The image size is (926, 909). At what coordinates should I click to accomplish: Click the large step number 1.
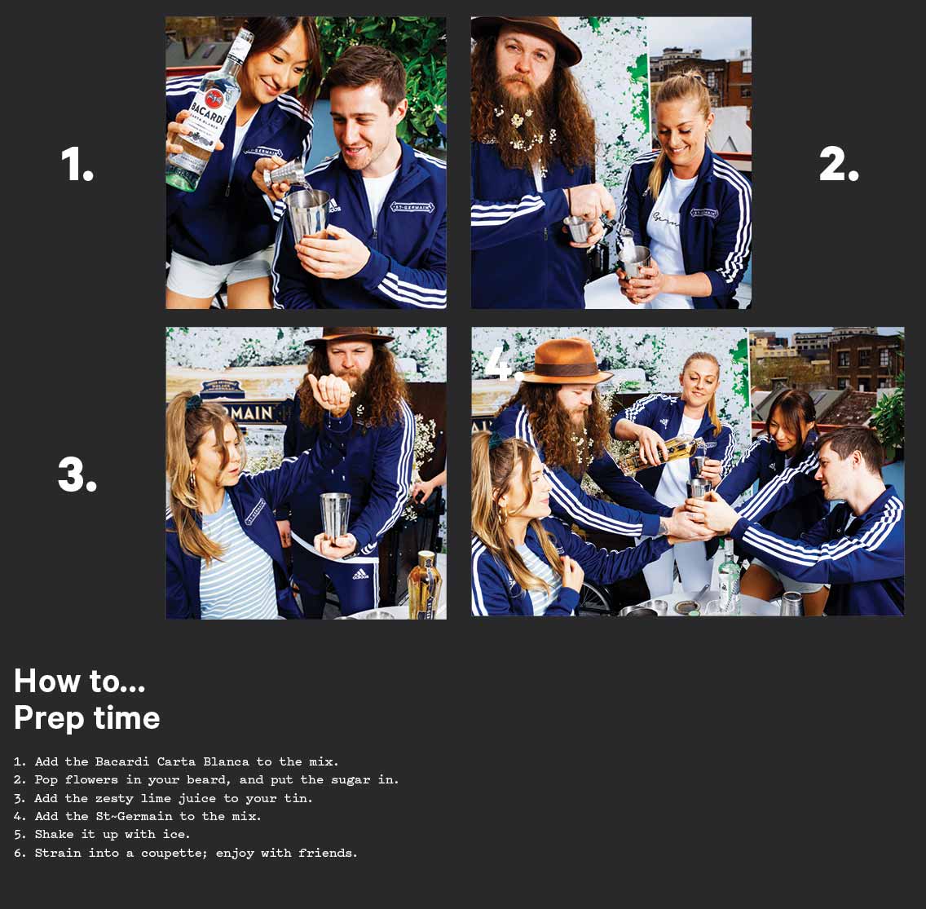pos(77,164)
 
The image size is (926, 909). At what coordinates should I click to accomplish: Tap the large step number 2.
pos(839,164)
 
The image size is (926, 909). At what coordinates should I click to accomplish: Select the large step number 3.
pos(77,474)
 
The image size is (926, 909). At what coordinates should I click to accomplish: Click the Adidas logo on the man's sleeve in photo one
pos(333,205)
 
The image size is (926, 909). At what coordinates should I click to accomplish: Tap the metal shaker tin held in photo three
pos(336,516)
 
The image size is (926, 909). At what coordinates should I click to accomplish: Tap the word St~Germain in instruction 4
pos(134,816)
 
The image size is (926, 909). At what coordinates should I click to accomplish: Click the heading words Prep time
pos(86,718)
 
